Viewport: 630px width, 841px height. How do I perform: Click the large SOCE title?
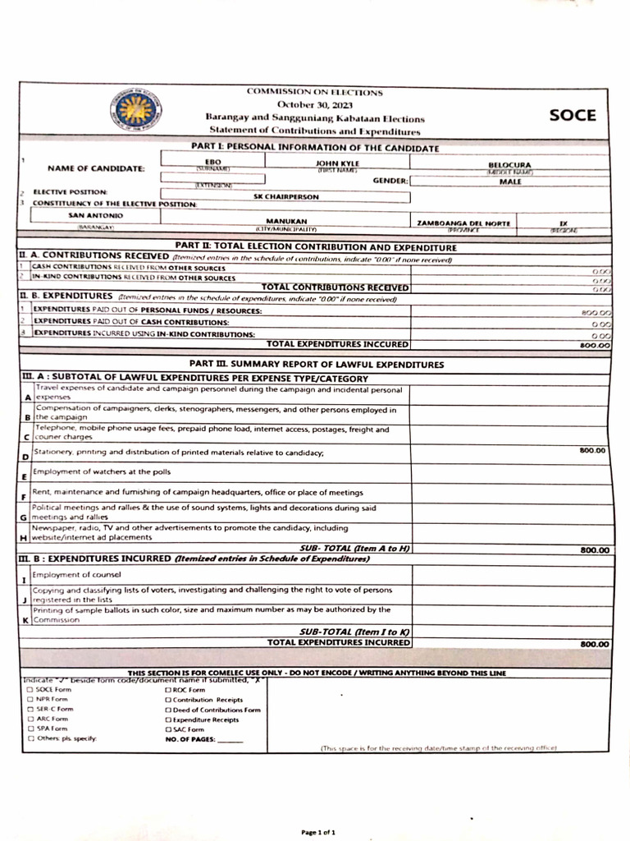573,115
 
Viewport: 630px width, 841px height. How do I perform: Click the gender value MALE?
509,182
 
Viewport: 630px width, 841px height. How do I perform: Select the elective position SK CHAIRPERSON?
286,197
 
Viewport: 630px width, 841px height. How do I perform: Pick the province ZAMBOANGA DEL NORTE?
463,223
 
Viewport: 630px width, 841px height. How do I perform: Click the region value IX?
563,222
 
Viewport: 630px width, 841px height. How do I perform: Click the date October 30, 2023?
314,105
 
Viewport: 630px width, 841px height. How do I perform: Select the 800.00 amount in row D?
593,450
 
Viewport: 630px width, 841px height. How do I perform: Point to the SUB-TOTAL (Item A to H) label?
355,548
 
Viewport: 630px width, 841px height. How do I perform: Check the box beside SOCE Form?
30,690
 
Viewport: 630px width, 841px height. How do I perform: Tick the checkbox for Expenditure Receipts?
169,719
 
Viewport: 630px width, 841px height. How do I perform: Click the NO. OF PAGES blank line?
231,739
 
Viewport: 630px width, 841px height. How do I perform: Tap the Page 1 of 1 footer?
318,832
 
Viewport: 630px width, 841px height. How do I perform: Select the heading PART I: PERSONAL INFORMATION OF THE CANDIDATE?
314,148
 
